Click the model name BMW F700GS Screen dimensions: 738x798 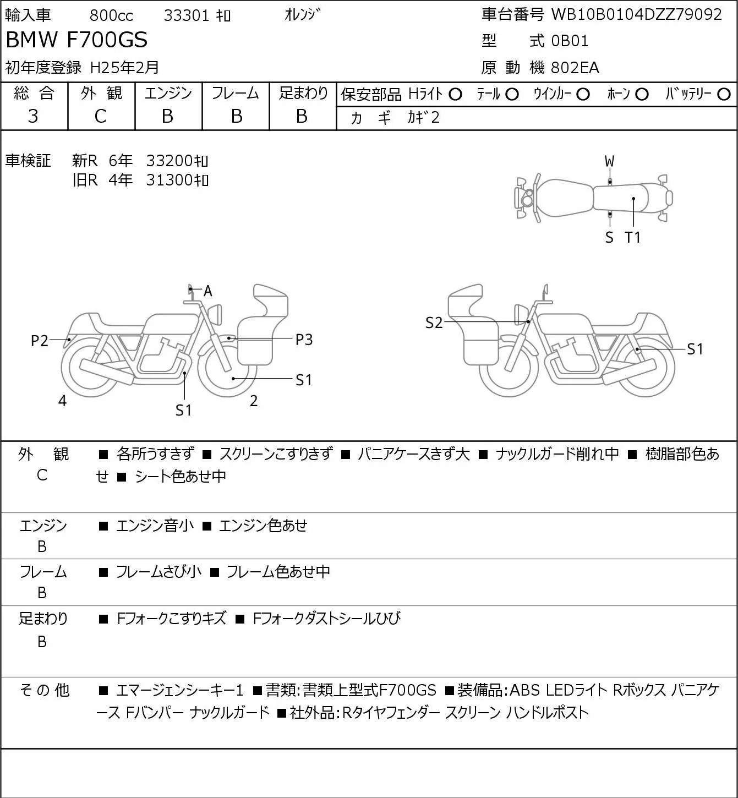click(x=77, y=40)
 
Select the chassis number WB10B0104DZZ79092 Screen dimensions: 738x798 click(x=636, y=15)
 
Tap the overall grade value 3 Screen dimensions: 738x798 click(x=33, y=117)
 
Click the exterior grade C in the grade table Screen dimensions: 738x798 click(x=101, y=117)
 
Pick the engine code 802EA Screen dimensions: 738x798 click(x=575, y=68)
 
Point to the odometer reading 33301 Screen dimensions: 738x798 click(x=187, y=15)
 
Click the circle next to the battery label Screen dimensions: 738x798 click(x=724, y=95)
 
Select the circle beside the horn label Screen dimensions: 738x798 click(x=642, y=95)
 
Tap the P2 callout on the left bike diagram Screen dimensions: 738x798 click(x=40, y=341)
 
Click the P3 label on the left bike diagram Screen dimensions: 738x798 click(x=304, y=340)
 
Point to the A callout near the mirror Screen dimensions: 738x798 click(x=208, y=291)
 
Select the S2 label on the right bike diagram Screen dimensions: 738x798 click(x=434, y=323)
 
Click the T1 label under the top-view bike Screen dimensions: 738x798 click(x=633, y=237)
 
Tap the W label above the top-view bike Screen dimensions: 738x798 click(x=609, y=162)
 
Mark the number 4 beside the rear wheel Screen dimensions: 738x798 click(x=62, y=401)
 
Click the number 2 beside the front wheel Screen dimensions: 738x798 click(x=254, y=401)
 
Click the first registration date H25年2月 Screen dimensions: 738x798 click(x=124, y=68)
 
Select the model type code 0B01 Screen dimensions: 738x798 click(x=570, y=41)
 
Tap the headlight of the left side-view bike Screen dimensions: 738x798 click(x=215, y=315)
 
